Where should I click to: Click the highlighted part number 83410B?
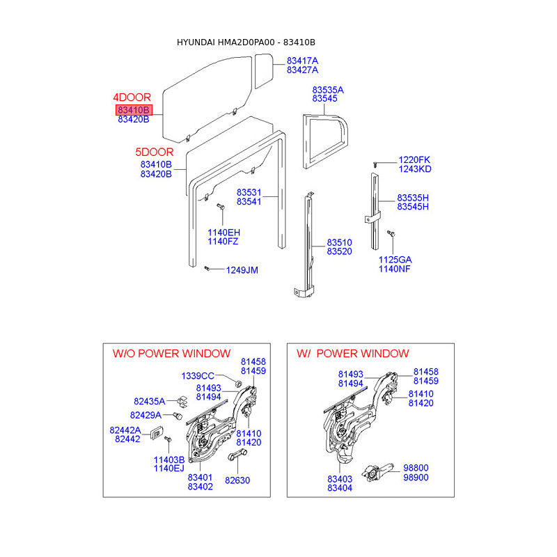pyautogui.click(x=134, y=110)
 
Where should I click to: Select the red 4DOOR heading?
pyautogui.click(x=132, y=97)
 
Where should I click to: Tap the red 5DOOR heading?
pyautogui.click(x=154, y=152)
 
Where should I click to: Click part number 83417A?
pyautogui.click(x=302, y=61)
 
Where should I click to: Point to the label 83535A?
pyautogui.click(x=328, y=90)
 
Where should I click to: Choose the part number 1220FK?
pyautogui.click(x=414, y=159)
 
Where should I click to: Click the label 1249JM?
pyautogui.click(x=242, y=270)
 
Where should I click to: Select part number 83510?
pyautogui.click(x=339, y=242)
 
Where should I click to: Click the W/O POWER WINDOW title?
pyautogui.click(x=171, y=354)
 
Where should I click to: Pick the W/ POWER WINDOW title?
pyautogui.click(x=353, y=354)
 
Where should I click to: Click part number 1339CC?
pyautogui.click(x=198, y=376)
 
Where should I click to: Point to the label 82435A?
pyautogui.click(x=149, y=401)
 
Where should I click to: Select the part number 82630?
pyautogui.click(x=237, y=480)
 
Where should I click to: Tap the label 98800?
pyautogui.click(x=416, y=468)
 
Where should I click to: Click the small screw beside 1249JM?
pyautogui.click(x=207, y=268)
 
